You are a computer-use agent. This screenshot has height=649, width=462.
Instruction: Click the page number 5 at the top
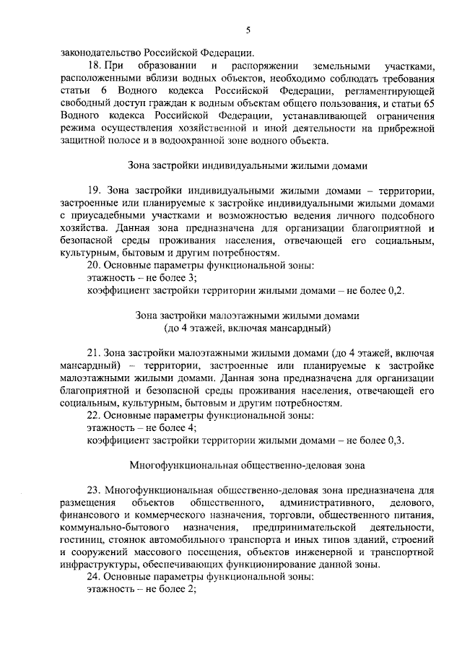(x=248, y=30)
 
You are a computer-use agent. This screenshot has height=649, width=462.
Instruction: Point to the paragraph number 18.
(x=94, y=66)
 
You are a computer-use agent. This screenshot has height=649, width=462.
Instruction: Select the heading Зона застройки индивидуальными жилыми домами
(x=248, y=165)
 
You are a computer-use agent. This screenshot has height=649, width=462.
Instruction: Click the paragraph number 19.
(x=94, y=191)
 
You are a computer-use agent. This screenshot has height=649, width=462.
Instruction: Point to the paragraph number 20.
(x=94, y=266)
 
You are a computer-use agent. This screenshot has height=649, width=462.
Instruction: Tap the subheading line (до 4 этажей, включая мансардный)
(x=248, y=328)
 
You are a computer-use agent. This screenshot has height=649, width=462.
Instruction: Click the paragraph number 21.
(x=94, y=353)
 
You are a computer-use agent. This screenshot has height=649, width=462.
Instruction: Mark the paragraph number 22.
(x=94, y=416)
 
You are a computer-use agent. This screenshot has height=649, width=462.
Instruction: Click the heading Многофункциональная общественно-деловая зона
(x=248, y=466)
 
